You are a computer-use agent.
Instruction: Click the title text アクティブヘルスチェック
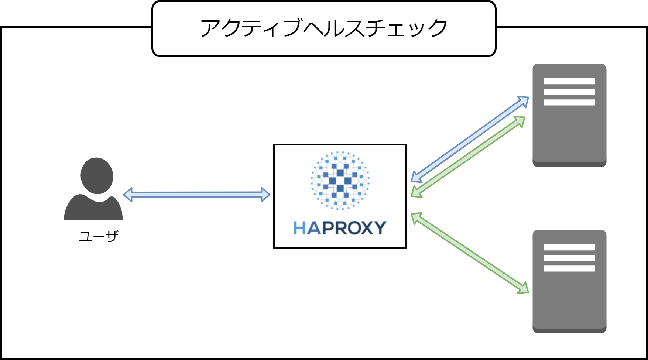click(x=323, y=28)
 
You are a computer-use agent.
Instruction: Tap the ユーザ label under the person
click(x=99, y=236)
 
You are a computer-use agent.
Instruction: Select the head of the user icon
click(x=97, y=175)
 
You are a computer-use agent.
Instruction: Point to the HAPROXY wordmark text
click(x=340, y=228)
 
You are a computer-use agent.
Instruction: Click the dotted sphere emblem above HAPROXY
click(x=340, y=181)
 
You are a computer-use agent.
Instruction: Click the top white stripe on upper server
click(x=569, y=81)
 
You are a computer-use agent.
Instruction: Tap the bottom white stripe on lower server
click(x=569, y=268)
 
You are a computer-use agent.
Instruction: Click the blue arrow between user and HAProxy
click(x=196, y=195)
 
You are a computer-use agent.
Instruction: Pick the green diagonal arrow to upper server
click(x=468, y=157)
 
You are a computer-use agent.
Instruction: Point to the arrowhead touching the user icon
click(x=128, y=195)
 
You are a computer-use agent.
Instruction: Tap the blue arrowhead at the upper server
click(x=524, y=101)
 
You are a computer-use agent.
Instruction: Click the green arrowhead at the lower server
click(x=524, y=289)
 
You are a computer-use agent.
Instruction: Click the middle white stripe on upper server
click(x=569, y=92)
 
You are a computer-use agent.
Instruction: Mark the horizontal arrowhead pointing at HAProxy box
click(x=265, y=195)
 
